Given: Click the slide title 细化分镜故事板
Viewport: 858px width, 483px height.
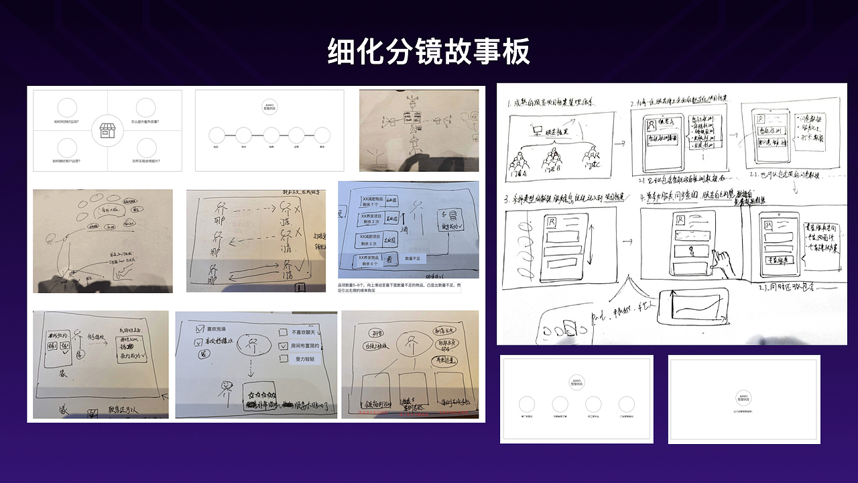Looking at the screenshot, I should point(428,52).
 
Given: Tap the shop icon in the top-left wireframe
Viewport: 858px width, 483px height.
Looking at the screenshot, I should point(107,131).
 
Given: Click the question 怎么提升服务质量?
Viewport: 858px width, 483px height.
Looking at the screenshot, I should point(145,122).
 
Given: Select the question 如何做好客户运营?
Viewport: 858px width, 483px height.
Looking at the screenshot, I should point(66,162).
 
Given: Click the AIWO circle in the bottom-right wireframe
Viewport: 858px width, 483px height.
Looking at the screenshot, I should point(744,396).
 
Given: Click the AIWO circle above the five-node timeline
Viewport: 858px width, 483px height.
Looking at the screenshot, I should point(269,107).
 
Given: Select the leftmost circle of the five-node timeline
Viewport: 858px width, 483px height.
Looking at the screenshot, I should point(217,135).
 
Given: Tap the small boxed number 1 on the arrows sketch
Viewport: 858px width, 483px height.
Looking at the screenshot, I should point(300,287).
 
